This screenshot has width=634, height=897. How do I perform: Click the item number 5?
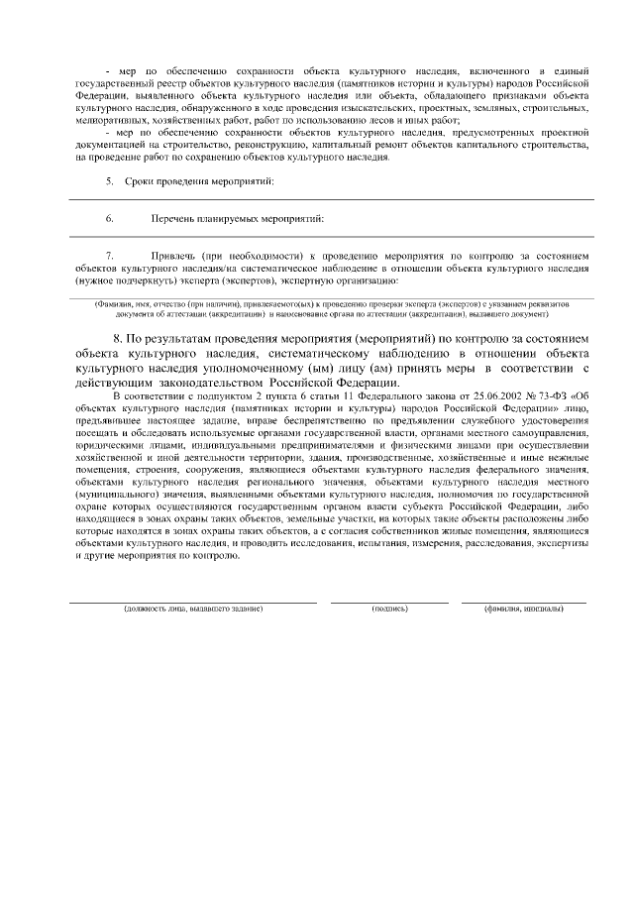109,182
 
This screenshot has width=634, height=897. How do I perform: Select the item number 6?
109,218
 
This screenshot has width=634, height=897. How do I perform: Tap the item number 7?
109,255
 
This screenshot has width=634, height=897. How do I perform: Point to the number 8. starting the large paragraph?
118,338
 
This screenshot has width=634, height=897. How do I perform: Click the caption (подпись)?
389,608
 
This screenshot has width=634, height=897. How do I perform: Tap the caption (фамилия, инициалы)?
524,608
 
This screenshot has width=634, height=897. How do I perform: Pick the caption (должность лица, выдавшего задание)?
192,608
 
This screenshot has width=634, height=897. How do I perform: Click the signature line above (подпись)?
389,601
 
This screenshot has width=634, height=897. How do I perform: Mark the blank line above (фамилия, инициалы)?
524,601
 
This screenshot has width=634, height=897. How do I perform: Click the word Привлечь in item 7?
173,255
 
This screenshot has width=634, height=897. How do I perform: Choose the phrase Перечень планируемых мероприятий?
238,218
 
